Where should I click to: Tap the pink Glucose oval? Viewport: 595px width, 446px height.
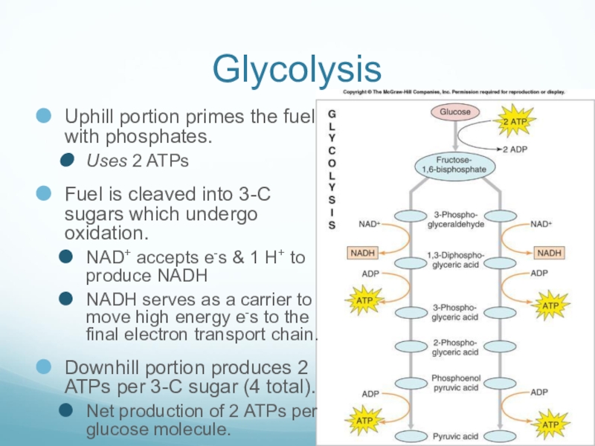click(x=454, y=112)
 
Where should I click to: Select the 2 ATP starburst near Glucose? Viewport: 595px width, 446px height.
click(x=519, y=120)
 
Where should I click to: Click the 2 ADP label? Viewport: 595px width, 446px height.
click(x=515, y=149)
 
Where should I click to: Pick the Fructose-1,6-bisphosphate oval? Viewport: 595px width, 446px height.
click(x=454, y=165)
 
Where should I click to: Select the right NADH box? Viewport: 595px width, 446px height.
click(x=548, y=253)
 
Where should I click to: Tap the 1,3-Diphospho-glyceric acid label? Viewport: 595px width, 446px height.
click(x=454, y=262)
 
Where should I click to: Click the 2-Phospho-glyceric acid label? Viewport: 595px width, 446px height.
click(x=454, y=347)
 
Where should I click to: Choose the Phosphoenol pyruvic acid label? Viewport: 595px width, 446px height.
click(x=454, y=382)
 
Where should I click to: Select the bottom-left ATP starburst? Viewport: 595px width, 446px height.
click(x=364, y=421)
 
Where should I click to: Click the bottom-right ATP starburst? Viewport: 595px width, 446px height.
click(x=550, y=424)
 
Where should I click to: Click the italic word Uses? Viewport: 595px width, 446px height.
click(x=100, y=161)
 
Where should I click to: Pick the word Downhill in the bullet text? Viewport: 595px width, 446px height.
click(x=105, y=367)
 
